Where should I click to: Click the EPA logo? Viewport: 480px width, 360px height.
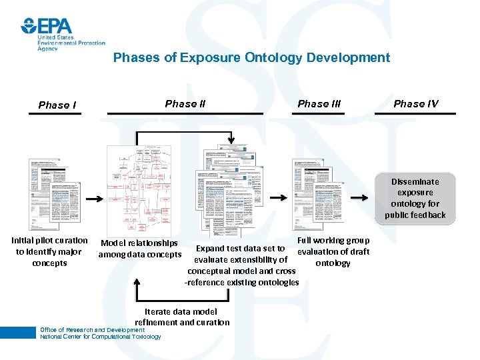pos(47,26)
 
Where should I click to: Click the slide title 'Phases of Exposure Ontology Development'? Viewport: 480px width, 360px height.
pos(251,57)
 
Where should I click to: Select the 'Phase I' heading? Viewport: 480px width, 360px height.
pos(57,105)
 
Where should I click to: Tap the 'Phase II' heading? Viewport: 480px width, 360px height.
pos(185,103)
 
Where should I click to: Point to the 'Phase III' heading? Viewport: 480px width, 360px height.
pos(319,103)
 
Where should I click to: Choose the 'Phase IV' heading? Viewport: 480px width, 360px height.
pos(415,103)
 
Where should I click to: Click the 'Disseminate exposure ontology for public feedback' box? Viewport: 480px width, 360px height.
pos(415,198)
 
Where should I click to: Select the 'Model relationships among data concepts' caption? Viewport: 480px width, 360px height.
pos(139,249)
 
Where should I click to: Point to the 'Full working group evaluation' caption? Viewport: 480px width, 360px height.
pos(333,251)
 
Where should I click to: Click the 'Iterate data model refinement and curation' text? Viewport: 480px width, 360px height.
pos(181,317)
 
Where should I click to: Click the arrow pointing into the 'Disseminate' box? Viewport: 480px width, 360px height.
pos(360,198)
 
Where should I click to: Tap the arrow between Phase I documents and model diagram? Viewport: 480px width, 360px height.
pos(95,198)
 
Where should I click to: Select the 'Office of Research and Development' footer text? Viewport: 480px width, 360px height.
pos(91,330)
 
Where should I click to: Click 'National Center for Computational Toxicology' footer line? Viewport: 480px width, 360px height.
pos(100,337)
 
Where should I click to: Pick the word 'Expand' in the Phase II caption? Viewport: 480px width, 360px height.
pos(207,249)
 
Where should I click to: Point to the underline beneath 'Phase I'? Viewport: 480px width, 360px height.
pos(55,114)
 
